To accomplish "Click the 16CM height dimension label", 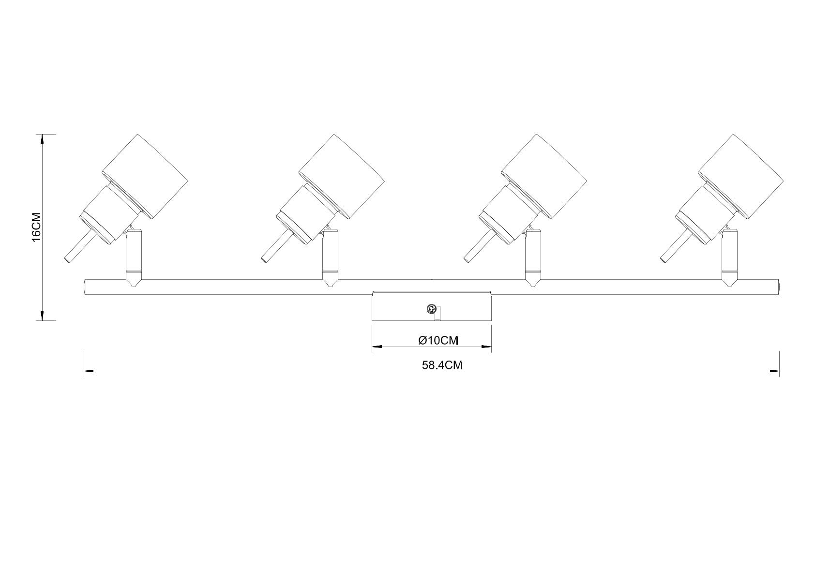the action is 36,226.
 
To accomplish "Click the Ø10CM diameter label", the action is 438,340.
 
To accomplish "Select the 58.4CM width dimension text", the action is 442,365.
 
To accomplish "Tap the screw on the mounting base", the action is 431,308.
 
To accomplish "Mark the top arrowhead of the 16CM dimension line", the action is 43,139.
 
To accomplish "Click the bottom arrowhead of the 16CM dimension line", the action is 43,315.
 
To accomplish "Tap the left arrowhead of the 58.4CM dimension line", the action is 89,372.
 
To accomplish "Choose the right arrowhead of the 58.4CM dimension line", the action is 774,372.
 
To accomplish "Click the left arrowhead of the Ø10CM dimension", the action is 377,347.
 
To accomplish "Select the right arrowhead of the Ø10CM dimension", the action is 486,347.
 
